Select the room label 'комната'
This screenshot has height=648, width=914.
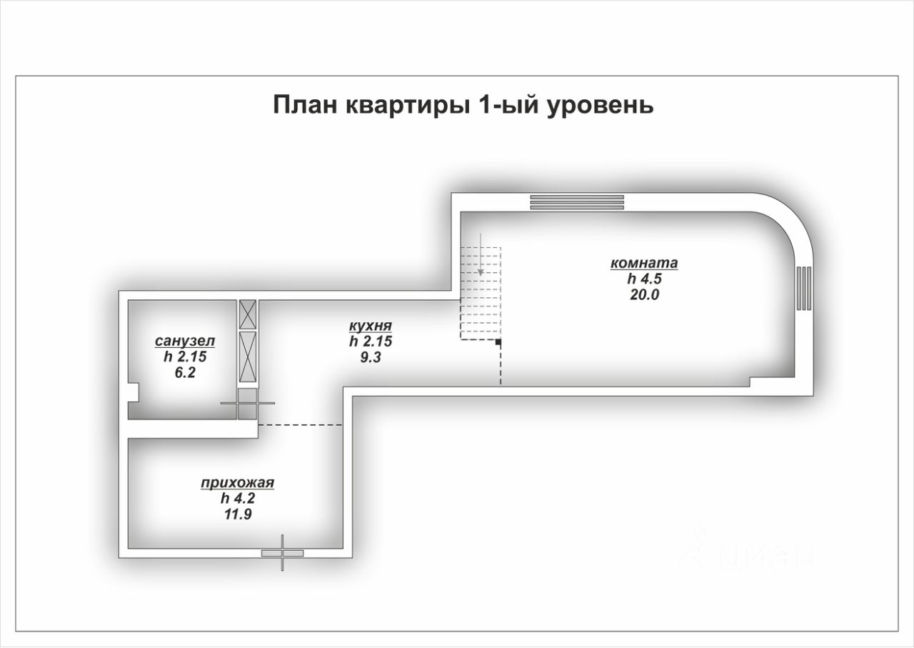point(643,263)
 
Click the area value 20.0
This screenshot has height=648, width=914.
point(643,293)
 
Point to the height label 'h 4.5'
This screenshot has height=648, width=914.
point(643,278)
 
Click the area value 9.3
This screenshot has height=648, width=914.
point(371,357)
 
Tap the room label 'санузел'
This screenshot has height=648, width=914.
point(185,341)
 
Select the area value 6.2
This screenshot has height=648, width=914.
point(184,372)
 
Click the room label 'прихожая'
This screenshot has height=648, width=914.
point(238,484)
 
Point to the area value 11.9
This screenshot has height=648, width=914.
point(237,513)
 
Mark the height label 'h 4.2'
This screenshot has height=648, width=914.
point(237,499)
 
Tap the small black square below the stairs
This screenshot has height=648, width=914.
point(498,344)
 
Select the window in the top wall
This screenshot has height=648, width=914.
point(577,203)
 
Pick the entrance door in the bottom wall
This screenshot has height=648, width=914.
point(282,553)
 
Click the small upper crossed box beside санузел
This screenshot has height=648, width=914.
point(248,313)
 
